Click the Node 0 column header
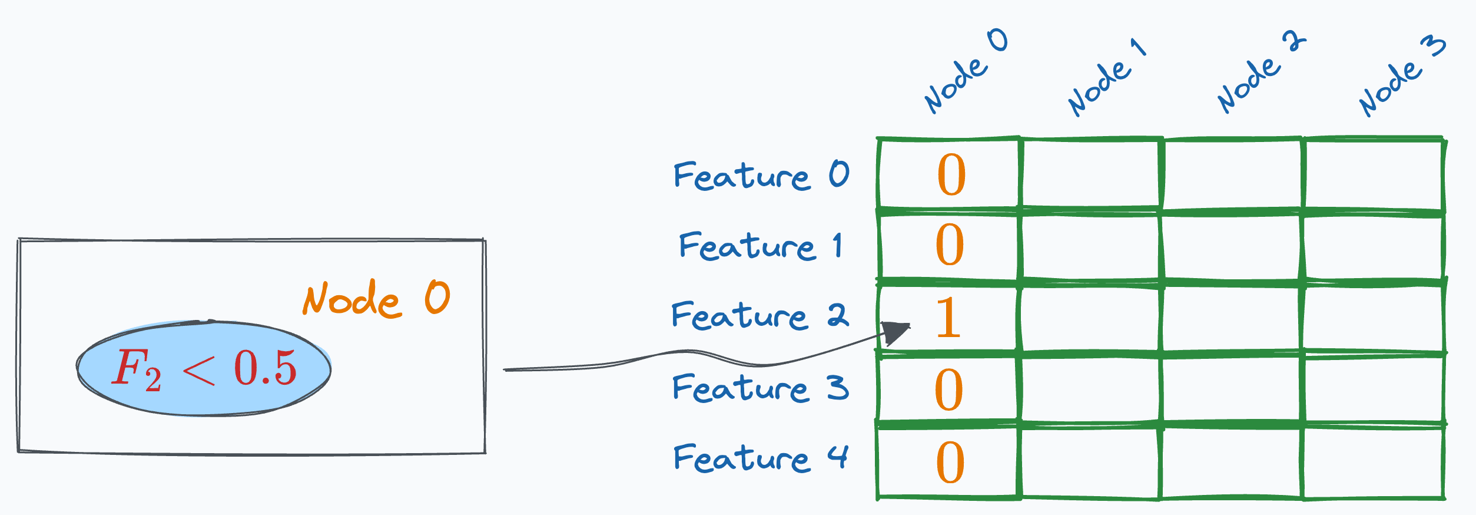[966, 71]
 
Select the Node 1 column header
[1107, 77]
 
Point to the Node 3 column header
[1401, 77]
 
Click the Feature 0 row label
[761, 176]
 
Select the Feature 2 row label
[759, 316]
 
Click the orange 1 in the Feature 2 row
[948, 318]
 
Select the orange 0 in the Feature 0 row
[951, 175]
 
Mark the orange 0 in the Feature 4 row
[950, 463]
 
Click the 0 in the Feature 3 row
[949, 390]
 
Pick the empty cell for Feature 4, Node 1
[1090, 462]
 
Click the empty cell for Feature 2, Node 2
[1232, 319]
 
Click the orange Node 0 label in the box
[377, 299]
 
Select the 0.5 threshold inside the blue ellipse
[265, 368]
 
